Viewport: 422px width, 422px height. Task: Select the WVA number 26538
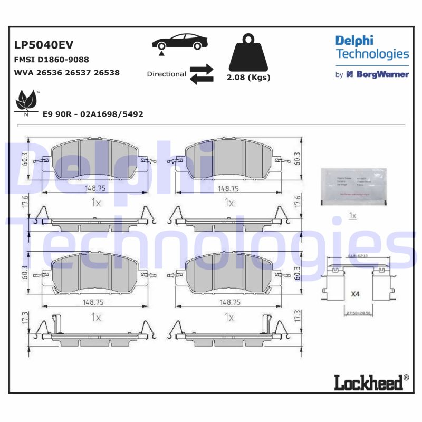pos(106,73)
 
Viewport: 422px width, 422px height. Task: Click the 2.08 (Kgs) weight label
pos(248,78)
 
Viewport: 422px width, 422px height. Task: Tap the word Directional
pos(166,74)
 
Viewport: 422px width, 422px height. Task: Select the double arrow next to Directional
pos(201,74)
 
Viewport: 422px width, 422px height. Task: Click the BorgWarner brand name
pos(382,74)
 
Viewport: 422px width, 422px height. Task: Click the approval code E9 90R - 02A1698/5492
pos(93,114)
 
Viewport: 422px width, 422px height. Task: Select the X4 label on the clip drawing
pos(355,296)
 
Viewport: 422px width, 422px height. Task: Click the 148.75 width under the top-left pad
pos(92,188)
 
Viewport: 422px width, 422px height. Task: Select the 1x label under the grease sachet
pos(353,216)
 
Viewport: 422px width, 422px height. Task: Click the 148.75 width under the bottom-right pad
pos(229,303)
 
